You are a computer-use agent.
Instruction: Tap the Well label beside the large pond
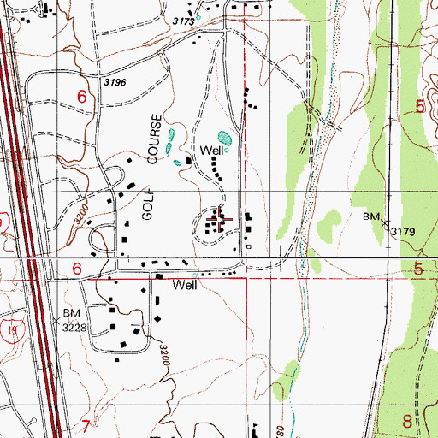click(212, 151)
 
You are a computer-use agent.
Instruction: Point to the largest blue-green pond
click(225, 137)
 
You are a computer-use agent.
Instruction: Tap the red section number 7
click(85, 425)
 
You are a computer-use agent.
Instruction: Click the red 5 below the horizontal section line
click(419, 269)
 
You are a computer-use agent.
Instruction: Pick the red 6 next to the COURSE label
click(81, 98)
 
